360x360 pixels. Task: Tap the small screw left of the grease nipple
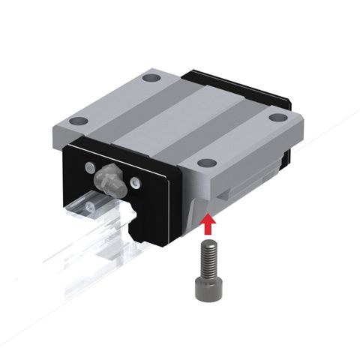coord(90,166)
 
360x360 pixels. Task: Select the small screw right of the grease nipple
coord(136,180)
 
